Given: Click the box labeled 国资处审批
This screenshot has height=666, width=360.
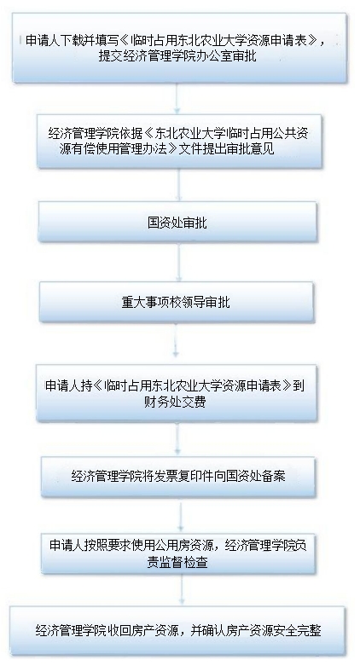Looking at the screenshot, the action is [x=177, y=222].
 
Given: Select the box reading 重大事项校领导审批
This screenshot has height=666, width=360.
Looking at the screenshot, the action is [x=177, y=302].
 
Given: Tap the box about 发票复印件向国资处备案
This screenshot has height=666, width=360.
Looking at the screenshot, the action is [x=178, y=476].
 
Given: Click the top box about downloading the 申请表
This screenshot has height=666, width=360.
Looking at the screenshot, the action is [x=179, y=48].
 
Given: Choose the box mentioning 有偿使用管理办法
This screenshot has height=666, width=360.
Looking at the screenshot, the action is [x=179, y=141].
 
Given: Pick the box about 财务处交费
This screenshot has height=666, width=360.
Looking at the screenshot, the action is [x=177, y=393].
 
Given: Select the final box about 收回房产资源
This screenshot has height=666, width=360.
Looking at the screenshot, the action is [x=177, y=630].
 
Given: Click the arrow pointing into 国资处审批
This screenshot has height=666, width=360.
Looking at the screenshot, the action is [x=179, y=185].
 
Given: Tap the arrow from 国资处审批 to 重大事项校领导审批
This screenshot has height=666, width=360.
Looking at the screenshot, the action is [x=179, y=263].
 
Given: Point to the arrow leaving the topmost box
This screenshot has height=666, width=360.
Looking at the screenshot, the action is [x=177, y=99].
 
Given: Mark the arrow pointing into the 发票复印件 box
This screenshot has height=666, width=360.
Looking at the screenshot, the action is [x=178, y=438].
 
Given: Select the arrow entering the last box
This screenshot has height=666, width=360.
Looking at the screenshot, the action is [x=182, y=589].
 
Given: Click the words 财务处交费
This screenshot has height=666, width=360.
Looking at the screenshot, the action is [x=175, y=402].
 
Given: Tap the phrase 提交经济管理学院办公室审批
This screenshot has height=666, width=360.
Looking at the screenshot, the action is [x=177, y=55].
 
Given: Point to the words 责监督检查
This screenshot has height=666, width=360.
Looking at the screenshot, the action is [x=177, y=562].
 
